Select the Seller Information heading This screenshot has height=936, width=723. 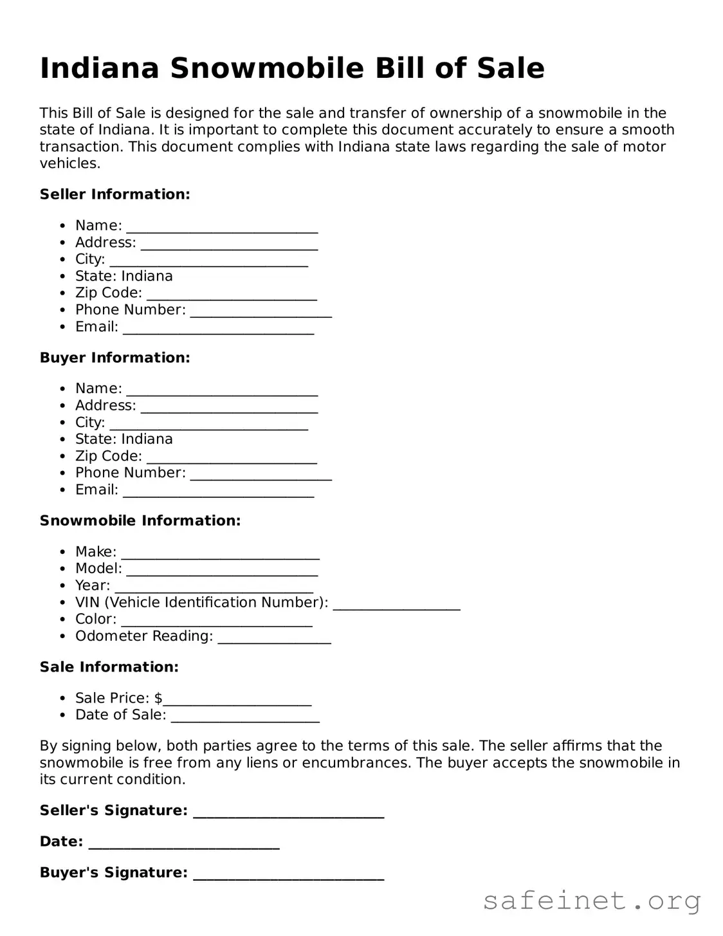click(x=115, y=194)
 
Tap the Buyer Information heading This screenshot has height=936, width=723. click(x=115, y=358)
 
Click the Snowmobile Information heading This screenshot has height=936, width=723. click(x=140, y=520)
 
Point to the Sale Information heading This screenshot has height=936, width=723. click(x=109, y=667)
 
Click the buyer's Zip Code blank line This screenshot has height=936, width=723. click(x=232, y=459)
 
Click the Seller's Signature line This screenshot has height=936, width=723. click(x=288, y=814)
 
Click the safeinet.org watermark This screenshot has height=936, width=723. click(x=591, y=901)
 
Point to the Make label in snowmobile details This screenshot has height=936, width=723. click(x=96, y=552)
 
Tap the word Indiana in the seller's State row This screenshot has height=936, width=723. click(x=147, y=277)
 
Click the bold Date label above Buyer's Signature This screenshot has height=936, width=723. click(x=61, y=841)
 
